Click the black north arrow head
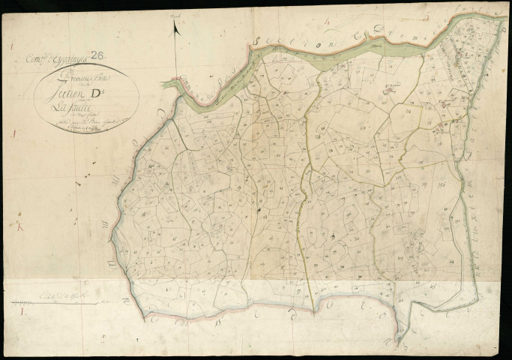point(175,28)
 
